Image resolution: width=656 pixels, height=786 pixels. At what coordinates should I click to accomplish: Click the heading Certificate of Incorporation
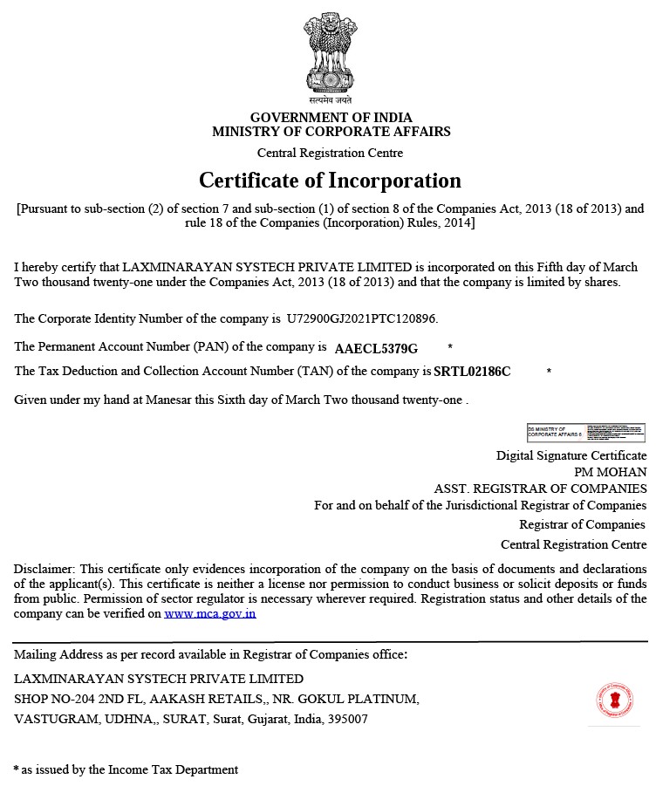point(330,181)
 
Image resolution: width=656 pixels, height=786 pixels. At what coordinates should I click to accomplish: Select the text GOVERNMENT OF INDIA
point(331,118)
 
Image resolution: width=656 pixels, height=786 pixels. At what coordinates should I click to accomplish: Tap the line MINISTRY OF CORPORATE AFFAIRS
point(331,132)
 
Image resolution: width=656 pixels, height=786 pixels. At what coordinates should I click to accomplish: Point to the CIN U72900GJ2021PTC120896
point(362,318)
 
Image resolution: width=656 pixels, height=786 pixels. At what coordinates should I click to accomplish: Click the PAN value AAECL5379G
point(376,348)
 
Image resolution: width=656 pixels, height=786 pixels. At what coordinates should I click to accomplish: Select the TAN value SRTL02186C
point(472,372)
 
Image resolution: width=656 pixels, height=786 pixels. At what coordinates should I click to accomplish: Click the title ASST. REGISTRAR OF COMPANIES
point(540,489)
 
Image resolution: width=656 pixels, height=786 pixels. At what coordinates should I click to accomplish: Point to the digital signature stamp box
point(585,433)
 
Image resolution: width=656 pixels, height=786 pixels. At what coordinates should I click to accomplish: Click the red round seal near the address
point(614,700)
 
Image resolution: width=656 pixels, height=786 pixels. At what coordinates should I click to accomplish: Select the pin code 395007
point(348,720)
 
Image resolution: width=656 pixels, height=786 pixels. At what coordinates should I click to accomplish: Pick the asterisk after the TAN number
point(549,372)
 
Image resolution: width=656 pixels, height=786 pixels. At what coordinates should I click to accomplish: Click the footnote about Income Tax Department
point(126,769)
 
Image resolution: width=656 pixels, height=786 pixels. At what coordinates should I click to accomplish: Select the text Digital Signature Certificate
point(571,455)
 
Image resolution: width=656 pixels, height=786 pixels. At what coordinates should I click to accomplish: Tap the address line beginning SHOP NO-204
point(216,699)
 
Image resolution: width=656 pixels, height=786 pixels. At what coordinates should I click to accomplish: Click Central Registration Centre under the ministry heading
point(330,153)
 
